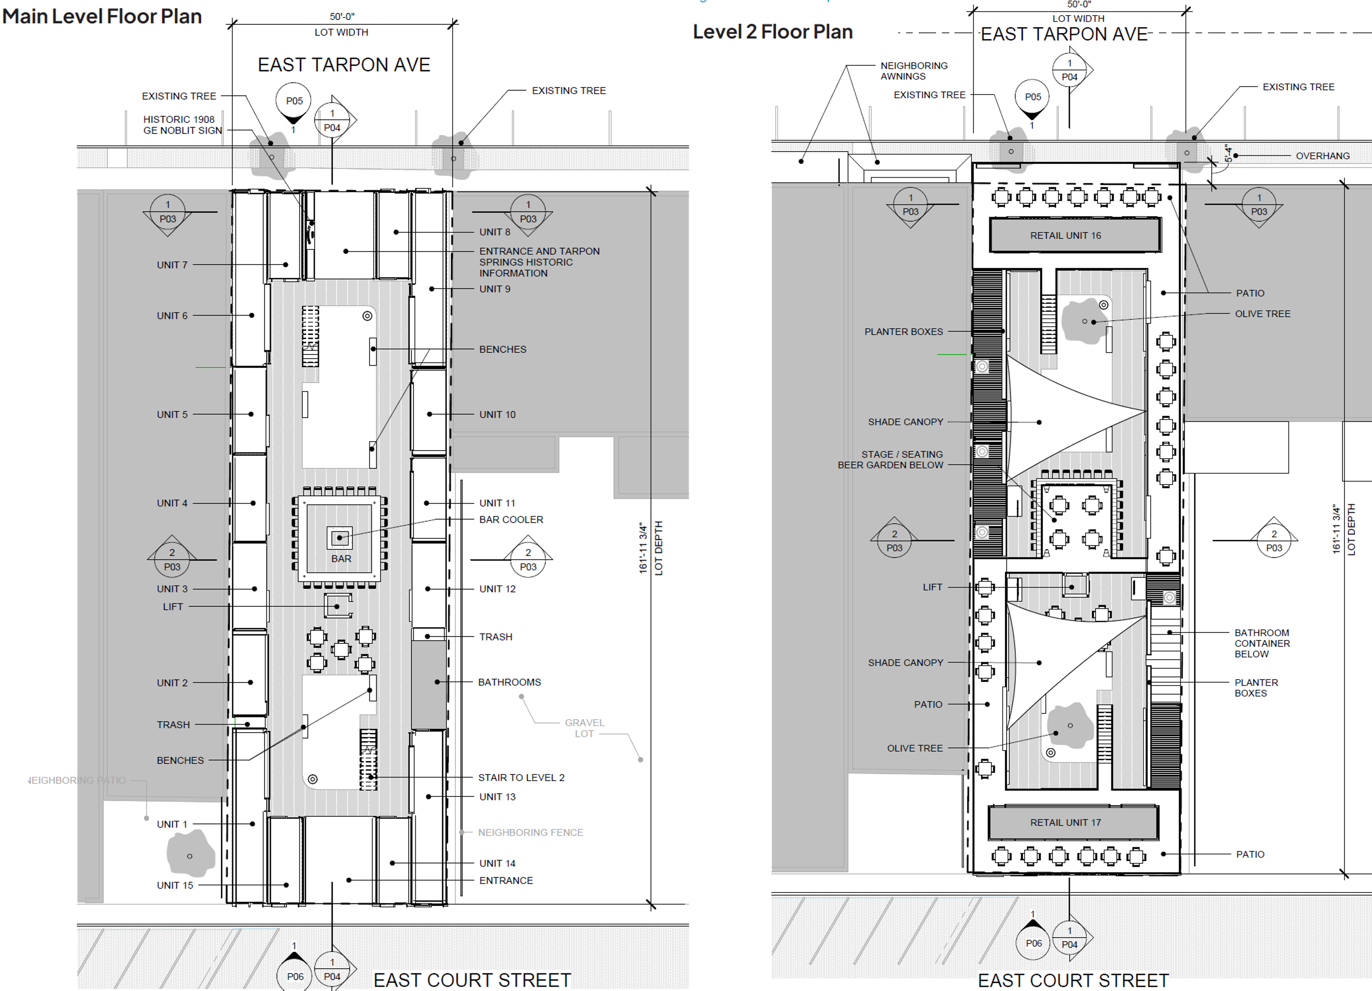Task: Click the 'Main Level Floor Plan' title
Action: [x=102, y=16]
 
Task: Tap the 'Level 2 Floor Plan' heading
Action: [x=773, y=32]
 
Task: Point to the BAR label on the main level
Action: [x=341, y=559]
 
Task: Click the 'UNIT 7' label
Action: [x=173, y=265]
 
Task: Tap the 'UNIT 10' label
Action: [x=497, y=414]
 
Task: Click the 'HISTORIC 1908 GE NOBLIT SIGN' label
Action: [x=183, y=125]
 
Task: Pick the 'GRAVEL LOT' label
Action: [x=584, y=728]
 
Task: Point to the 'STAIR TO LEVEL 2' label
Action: [x=521, y=778]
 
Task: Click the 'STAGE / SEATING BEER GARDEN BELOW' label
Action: [x=891, y=459]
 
